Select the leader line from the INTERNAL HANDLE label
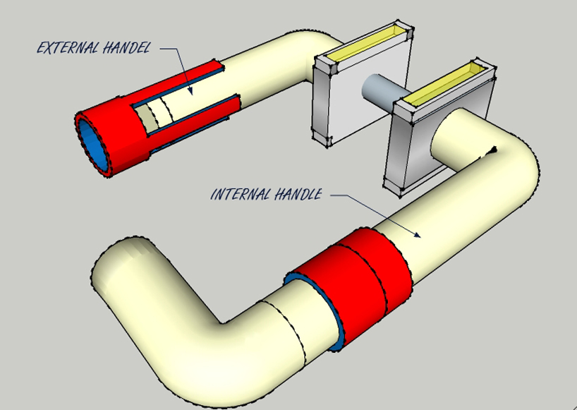click(x=381, y=212)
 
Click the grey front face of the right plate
click(x=409, y=148)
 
